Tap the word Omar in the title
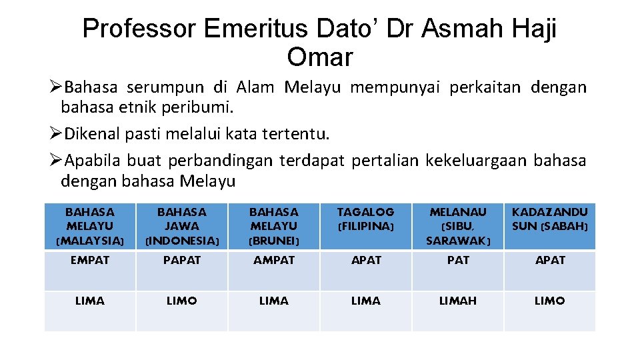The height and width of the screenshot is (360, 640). [319, 57]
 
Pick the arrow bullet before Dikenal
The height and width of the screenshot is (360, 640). [56, 134]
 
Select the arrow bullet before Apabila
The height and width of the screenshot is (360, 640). [56, 161]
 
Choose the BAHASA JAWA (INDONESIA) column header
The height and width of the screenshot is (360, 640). [182, 226]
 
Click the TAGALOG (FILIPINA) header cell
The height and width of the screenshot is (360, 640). [366, 219]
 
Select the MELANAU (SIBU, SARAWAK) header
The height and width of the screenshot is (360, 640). [458, 226]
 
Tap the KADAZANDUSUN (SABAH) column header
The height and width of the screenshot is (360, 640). [550, 219]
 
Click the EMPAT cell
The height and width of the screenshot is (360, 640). [90, 261]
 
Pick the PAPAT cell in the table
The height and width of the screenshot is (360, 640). [182, 261]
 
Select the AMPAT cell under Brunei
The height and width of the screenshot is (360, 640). [274, 261]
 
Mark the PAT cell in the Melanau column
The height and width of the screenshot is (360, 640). [458, 261]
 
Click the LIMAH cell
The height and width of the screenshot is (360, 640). [458, 301]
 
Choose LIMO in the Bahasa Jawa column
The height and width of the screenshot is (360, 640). [182, 301]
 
